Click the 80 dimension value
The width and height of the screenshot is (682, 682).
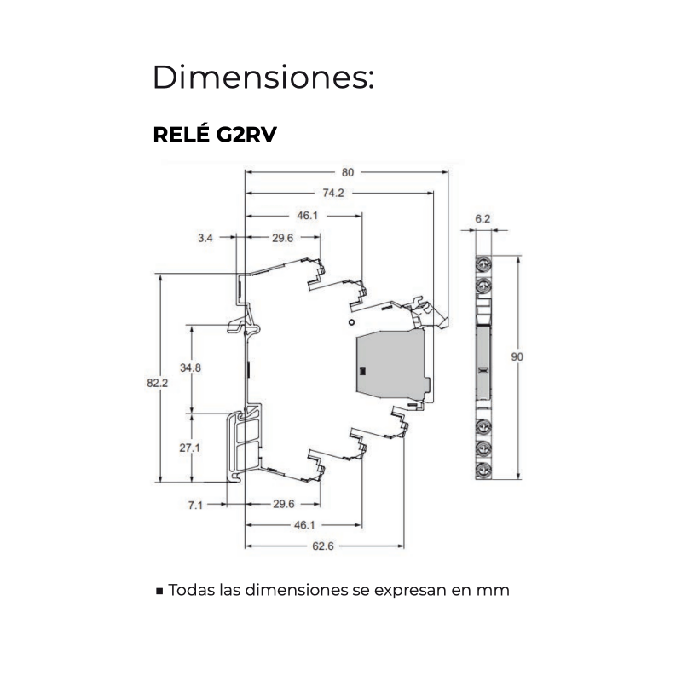click(348, 170)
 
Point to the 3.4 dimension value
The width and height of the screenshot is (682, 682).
click(205, 239)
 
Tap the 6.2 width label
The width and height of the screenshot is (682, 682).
click(483, 219)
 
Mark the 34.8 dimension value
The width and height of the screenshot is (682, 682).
click(190, 367)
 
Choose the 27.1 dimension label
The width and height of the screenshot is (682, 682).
click(190, 447)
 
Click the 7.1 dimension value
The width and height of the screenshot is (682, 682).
click(195, 504)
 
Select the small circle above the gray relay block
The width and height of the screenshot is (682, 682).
click(351, 324)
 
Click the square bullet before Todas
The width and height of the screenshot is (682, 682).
click(159, 591)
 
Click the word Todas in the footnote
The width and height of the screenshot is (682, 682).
click(191, 590)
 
